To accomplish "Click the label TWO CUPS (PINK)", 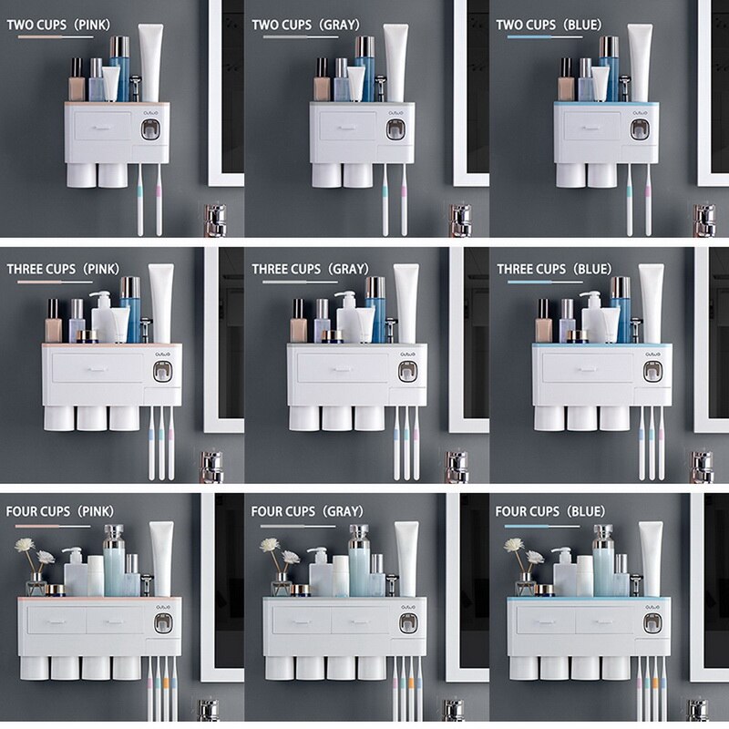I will click(x=60, y=25).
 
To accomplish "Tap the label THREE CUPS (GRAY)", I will click(x=310, y=269).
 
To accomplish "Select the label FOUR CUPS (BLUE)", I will click(x=550, y=512).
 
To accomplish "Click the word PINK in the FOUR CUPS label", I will click(x=96, y=512).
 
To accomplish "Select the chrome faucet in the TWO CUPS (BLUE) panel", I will click(x=704, y=220).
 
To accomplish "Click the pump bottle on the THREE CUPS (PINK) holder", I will click(x=101, y=314).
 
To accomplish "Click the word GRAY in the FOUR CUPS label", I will click(x=342, y=512).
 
